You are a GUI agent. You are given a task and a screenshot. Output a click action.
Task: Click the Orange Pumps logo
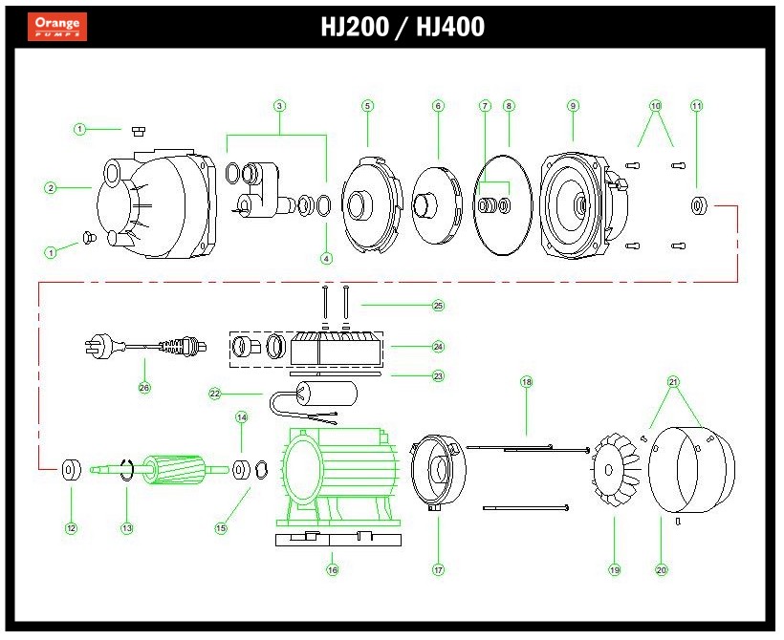coord(58,26)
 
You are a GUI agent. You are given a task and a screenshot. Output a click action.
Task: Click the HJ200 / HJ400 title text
coord(403,27)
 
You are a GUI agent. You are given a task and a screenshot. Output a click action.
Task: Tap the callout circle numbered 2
coord(51,188)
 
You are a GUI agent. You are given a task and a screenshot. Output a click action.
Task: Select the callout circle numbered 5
coord(368,105)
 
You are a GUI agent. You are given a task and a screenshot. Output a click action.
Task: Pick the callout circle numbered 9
coord(573,105)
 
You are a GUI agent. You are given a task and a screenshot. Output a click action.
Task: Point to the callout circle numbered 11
coord(696,105)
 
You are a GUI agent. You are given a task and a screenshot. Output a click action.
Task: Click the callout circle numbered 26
coord(144,388)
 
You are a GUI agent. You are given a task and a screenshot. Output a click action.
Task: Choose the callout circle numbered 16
coord(332,570)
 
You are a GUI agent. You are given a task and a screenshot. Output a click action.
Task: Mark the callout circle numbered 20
coord(661,570)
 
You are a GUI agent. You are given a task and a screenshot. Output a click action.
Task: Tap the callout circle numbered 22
coord(215,394)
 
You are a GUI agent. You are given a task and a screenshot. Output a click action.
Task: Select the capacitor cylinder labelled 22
coord(326,394)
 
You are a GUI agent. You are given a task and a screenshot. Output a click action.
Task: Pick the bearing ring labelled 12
coord(71,471)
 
